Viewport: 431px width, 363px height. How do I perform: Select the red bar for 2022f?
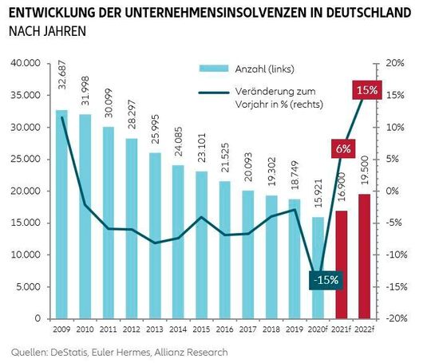(x=364, y=256)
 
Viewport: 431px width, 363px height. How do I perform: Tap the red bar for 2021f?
(x=342, y=264)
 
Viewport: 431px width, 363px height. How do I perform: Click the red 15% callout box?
(x=367, y=90)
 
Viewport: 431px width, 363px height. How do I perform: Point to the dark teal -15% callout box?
(x=326, y=280)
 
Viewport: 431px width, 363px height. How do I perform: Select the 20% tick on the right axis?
(x=396, y=63)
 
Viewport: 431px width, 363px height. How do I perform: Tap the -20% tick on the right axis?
(x=396, y=318)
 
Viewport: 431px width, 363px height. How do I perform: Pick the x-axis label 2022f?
(x=365, y=327)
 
